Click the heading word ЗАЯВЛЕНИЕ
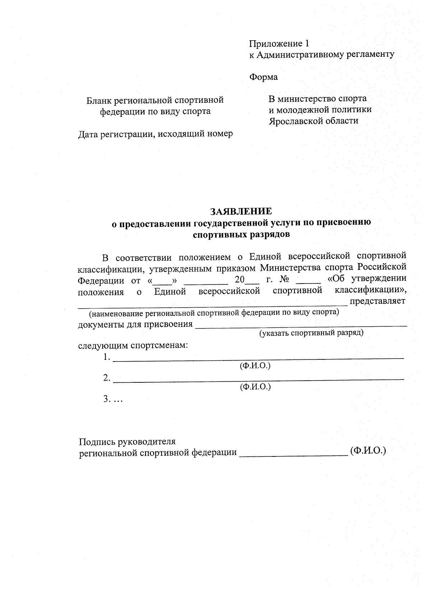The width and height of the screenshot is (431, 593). point(241,211)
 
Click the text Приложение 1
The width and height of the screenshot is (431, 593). point(279,44)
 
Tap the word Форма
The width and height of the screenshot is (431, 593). point(263,77)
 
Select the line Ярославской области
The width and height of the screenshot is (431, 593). point(314,121)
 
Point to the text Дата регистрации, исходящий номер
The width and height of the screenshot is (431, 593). point(156,134)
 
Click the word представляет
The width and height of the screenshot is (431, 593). point(377,301)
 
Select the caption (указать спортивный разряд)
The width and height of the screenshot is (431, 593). point(311,333)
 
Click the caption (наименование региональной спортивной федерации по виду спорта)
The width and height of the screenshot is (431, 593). point(214,312)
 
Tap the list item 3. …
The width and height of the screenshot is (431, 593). point(113,399)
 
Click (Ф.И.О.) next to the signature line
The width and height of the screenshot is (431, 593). point(368,451)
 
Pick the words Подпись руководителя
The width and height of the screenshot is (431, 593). point(127,441)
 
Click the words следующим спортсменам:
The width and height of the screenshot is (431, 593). point(133,346)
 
